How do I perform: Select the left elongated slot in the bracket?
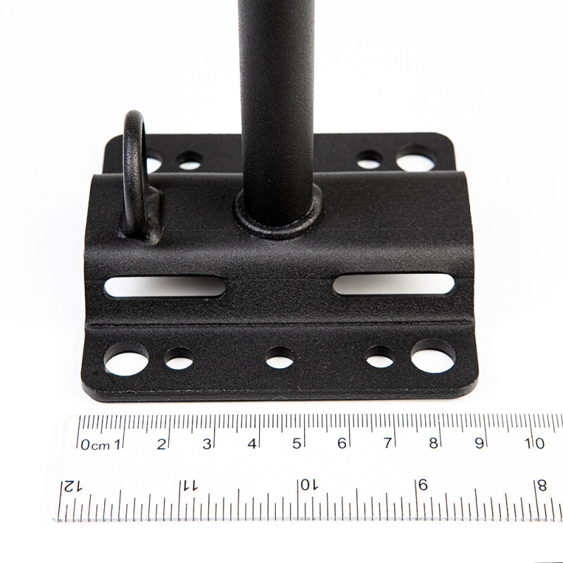165,286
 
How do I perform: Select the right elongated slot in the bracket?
394,284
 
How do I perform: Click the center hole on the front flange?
279,358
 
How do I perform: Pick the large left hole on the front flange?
126,360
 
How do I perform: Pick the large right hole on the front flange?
434,356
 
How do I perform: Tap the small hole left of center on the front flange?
179,359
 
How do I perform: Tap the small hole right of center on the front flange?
380,357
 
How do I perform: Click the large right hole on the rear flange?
415,158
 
